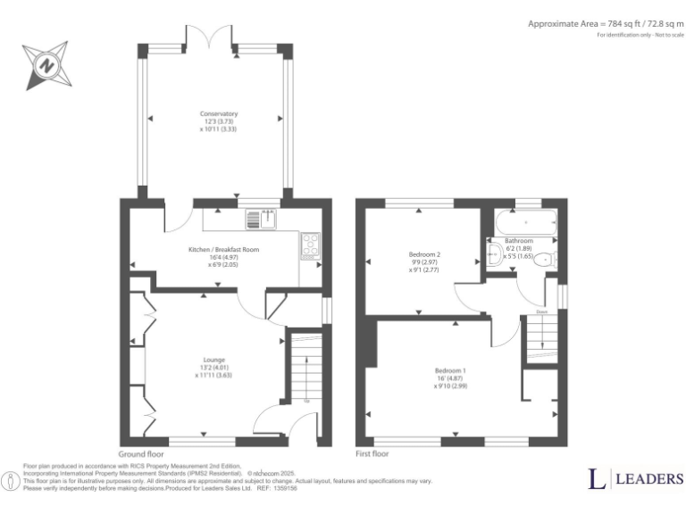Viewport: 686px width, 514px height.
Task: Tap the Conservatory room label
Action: (219, 114)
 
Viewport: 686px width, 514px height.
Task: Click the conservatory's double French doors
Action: (211, 37)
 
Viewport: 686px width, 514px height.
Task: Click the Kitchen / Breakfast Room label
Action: (222, 250)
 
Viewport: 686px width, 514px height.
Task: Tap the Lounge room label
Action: (213, 360)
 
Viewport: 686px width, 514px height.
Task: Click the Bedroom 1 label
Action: (450, 370)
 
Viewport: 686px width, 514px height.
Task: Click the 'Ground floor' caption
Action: (140, 453)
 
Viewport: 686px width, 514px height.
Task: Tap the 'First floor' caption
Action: (372, 453)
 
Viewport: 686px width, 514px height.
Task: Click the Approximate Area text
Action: (604, 24)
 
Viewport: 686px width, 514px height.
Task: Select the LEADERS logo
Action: (635, 479)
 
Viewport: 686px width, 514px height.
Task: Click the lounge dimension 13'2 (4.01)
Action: (213, 368)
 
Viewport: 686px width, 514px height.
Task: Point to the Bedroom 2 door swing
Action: (469, 298)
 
